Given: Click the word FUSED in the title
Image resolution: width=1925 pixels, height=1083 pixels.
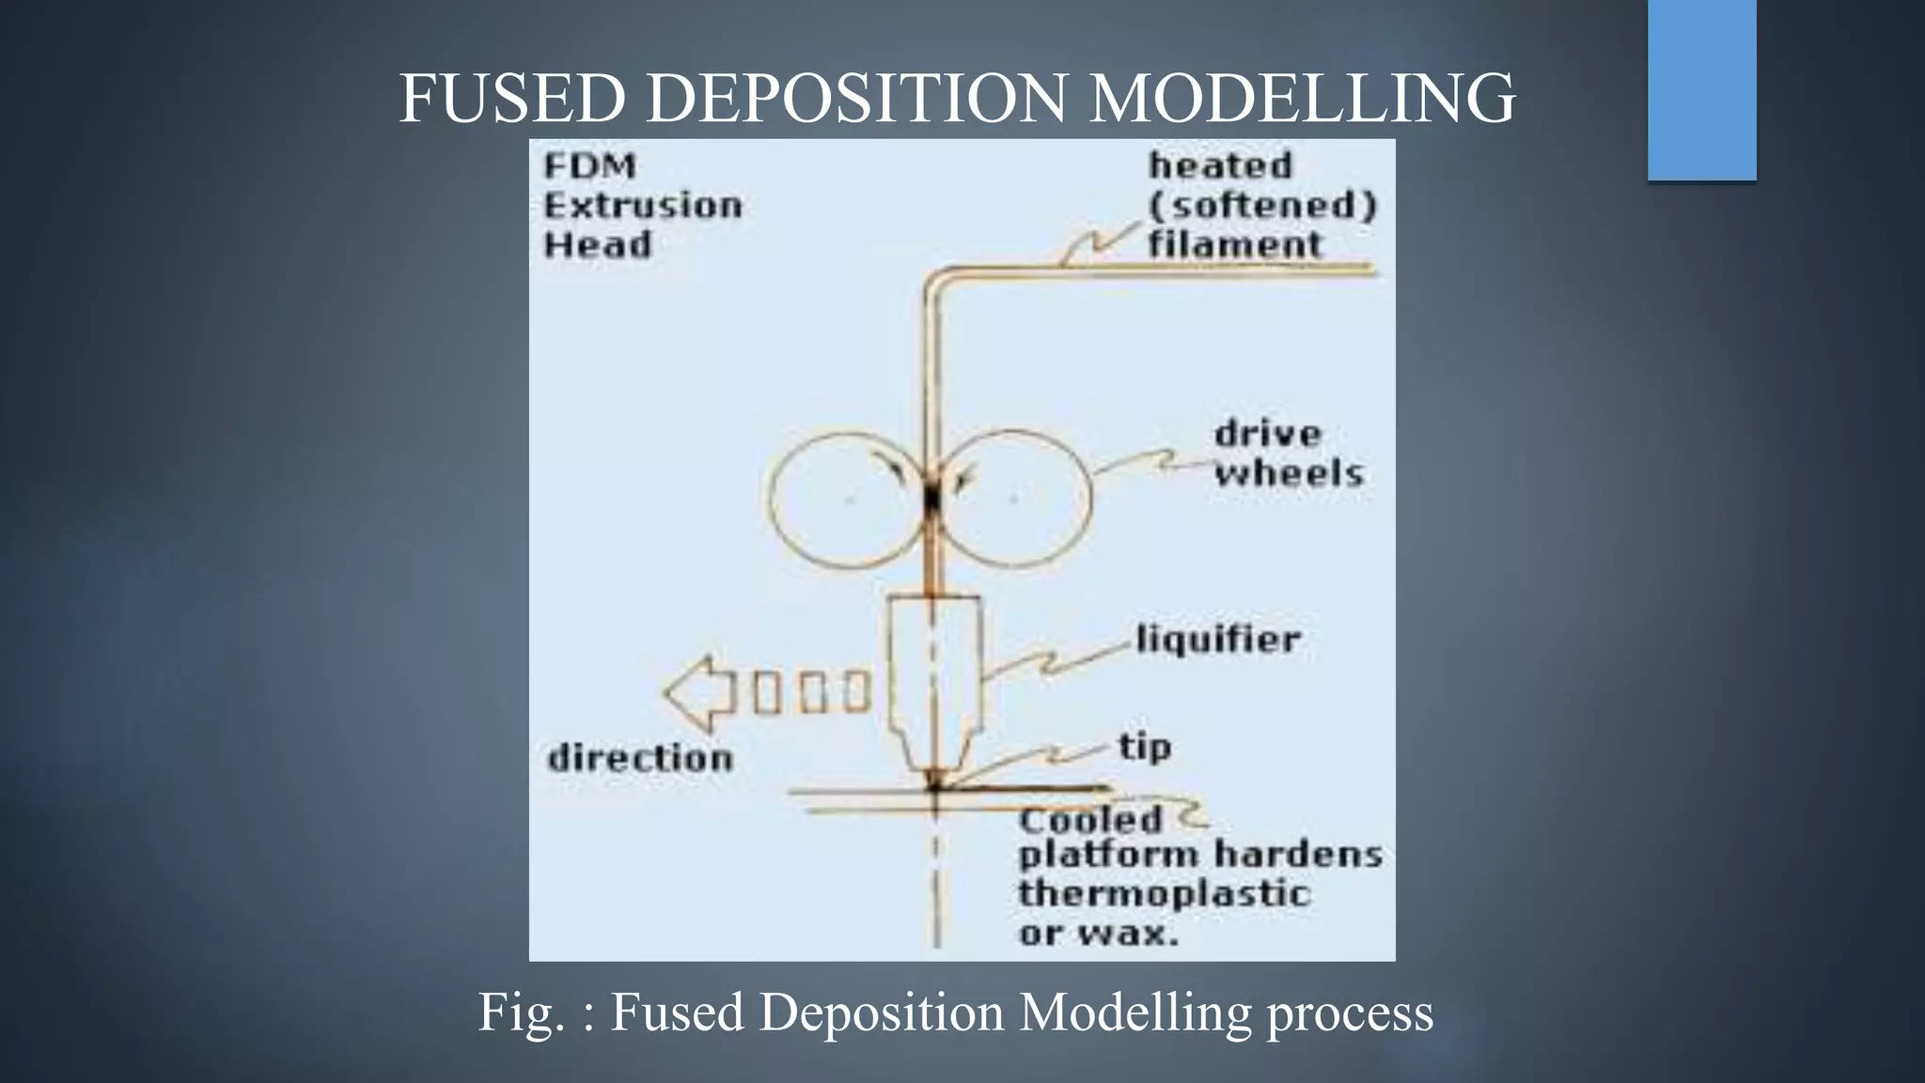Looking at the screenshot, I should (512, 98).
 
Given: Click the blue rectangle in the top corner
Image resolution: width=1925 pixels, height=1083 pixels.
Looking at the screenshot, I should (1701, 89).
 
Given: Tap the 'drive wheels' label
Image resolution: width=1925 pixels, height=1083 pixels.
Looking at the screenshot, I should (1288, 454).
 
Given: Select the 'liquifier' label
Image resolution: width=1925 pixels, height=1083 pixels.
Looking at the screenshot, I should (1218, 639).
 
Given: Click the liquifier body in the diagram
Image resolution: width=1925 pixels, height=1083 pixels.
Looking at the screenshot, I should (935, 667).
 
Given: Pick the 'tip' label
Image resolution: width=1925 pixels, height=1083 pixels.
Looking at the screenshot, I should (1145, 747).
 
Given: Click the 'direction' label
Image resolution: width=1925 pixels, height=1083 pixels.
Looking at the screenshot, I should (640, 758).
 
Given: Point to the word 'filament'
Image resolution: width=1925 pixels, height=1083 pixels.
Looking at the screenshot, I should (1234, 244).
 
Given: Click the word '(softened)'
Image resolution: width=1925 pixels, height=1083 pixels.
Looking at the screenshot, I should (1262, 205).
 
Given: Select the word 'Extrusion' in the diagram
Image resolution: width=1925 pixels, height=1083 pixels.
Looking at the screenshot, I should (643, 205).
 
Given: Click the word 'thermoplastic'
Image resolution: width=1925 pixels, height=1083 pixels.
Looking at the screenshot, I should (1164, 893).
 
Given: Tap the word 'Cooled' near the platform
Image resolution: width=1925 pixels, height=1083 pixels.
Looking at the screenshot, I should (1090, 820).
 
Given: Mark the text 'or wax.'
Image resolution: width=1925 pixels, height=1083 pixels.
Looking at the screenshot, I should (1098, 934).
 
